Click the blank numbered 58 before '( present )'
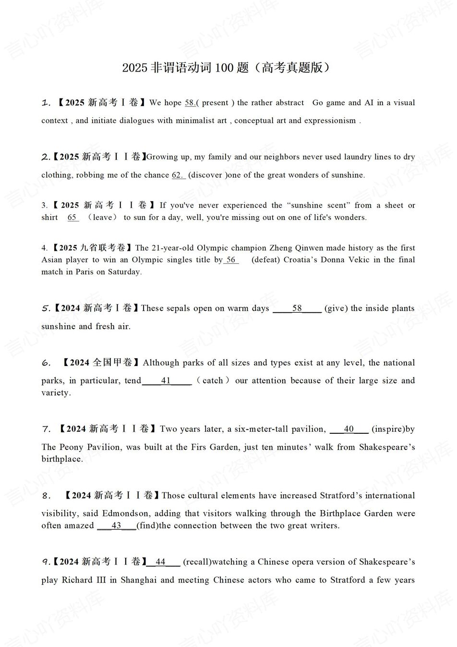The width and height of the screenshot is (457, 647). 190,103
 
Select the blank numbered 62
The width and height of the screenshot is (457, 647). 178,175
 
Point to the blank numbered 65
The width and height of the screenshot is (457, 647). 73,218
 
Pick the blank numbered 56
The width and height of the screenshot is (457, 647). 231,260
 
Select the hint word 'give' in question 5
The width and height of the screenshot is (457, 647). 336,308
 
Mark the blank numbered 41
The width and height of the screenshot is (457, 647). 167,381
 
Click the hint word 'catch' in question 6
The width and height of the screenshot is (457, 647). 213,381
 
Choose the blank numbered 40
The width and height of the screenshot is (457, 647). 349,429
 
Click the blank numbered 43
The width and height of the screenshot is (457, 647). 117,526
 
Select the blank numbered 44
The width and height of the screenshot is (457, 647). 161,562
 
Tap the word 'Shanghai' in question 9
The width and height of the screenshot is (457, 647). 139,580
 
